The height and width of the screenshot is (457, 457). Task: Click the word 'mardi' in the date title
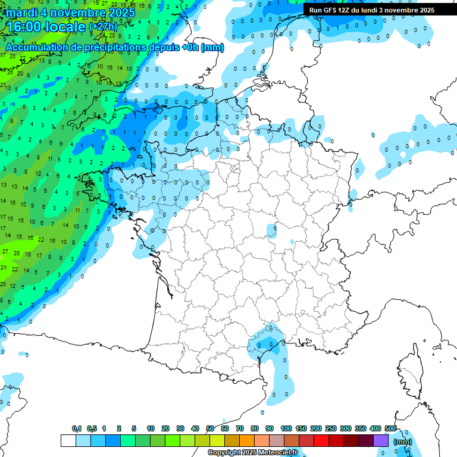pos(22,12)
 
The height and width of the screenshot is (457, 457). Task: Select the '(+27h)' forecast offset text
pos(103,27)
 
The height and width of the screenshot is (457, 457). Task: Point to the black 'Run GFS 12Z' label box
pos(372,10)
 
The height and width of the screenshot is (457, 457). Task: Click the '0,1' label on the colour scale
pos(76,429)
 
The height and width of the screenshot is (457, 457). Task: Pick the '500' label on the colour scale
pos(390,429)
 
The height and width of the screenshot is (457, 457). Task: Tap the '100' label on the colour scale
pos(286,429)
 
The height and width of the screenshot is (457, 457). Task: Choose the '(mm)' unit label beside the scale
pos(403,442)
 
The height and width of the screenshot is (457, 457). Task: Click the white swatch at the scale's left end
pos(68,441)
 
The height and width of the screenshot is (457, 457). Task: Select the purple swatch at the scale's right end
pos(381,441)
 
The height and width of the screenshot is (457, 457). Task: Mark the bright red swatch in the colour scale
pos(321,441)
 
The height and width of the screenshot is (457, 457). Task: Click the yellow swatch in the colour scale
pos(217,441)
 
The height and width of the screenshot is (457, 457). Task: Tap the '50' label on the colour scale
pos(210,429)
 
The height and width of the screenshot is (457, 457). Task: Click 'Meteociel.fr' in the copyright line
pos(278,453)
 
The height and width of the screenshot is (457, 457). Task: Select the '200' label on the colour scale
pos(316,429)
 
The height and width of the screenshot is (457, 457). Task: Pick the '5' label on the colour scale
pos(134,429)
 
